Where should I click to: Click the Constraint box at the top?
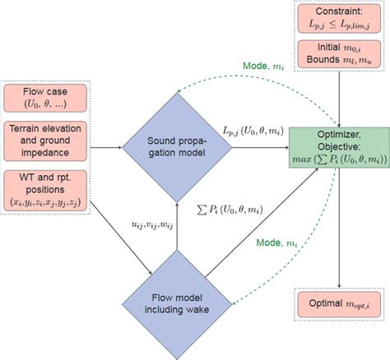pyautogui.click(x=339, y=19)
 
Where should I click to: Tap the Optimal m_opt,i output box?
pyautogui.click(x=339, y=305)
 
